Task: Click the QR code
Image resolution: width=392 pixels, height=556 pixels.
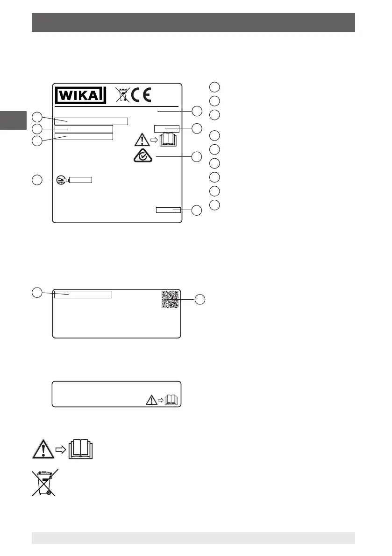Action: click(x=170, y=300)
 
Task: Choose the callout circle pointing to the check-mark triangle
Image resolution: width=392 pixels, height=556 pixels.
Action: click(x=197, y=157)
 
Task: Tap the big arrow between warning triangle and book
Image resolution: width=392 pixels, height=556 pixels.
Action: click(x=62, y=449)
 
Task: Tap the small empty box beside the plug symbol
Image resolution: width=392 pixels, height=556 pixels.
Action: click(x=81, y=180)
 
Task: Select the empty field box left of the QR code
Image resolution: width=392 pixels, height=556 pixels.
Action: click(x=83, y=294)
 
